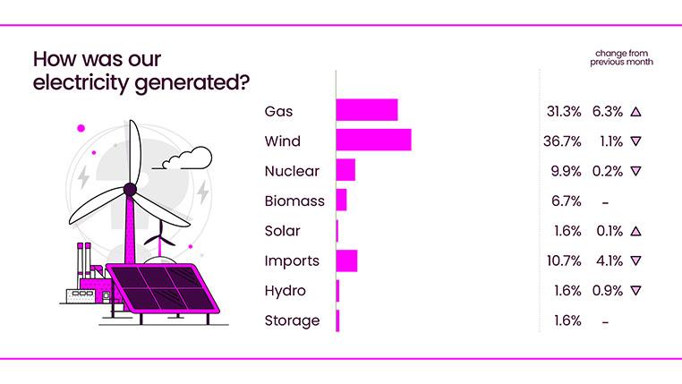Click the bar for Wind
point(373,141)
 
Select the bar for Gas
point(367,111)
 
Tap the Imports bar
point(346,260)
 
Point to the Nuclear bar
point(345,170)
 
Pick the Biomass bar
point(341,201)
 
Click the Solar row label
point(283,231)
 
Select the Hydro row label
point(286,291)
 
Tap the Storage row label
point(292,320)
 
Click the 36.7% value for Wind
point(564,141)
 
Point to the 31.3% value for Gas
point(564,112)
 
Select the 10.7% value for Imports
point(564,261)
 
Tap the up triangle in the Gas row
point(636,112)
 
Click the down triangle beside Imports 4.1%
point(636,261)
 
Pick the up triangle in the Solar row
point(636,231)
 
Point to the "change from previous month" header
point(621,58)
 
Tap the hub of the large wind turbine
point(130,189)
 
